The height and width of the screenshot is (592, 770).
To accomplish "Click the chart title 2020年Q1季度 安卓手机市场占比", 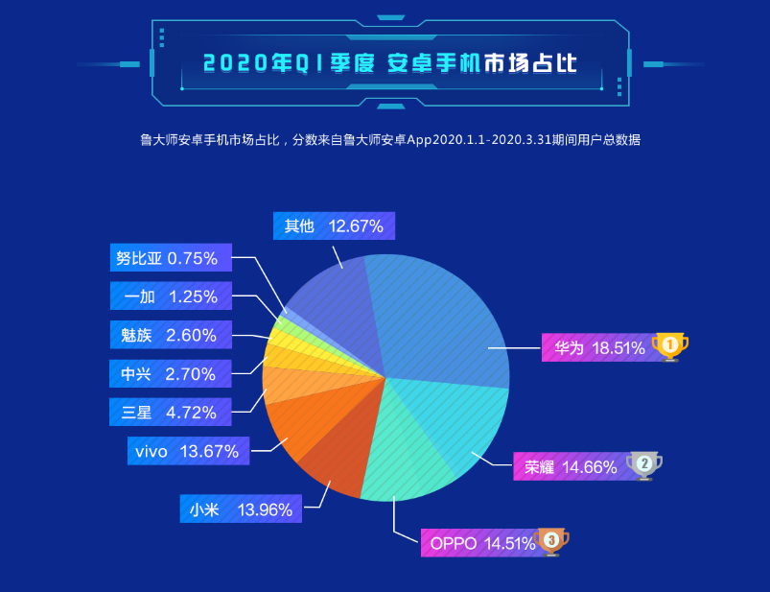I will tap(389, 64).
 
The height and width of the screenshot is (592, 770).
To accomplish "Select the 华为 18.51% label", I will tap(599, 347).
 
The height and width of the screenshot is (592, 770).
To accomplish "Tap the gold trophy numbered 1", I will tap(670, 345).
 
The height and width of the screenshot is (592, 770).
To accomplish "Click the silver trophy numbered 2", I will tap(644, 465).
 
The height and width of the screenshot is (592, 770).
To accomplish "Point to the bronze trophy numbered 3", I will tap(551, 541).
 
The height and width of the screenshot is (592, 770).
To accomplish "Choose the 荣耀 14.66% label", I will tap(570, 467).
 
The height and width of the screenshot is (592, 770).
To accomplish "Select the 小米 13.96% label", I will tap(241, 509).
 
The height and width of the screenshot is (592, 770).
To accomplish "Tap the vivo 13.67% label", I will tap(188, 451).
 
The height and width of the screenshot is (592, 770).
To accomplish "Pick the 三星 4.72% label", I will tap(170, 413).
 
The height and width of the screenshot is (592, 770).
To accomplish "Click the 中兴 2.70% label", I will tap(170, 374).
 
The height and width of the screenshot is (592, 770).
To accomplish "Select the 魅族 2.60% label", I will tap(170, 335).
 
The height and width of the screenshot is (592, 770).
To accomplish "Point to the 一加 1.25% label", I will tap(170, 296).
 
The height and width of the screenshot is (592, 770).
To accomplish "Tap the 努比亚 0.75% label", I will tap(170, 258).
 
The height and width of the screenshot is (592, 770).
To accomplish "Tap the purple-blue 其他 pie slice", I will tap(331, 307).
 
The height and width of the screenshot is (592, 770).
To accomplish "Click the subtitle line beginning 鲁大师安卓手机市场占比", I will tap(389, 140).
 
